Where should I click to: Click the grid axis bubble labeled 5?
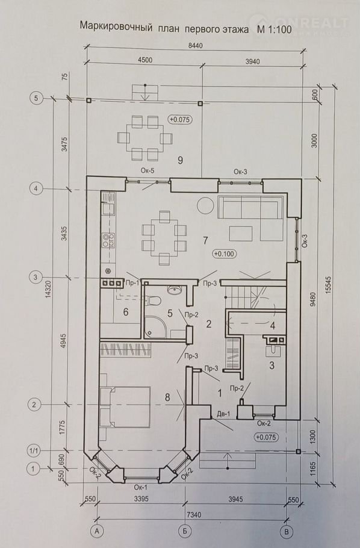click(36, 98)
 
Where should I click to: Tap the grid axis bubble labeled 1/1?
click(34, 451)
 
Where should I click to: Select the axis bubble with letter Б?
click(185, 531)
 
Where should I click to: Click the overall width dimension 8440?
click(195, 45)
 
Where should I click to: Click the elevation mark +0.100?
click(225, 254)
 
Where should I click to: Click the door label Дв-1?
click(223, 415)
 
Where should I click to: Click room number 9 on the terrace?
click(181, 160)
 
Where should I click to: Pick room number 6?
click(126, 312)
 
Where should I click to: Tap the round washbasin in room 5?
click(174, 290)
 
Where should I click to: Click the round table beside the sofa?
click(205, 206)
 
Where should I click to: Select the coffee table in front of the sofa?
click(241, 233)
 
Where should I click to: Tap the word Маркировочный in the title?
click(116, 27)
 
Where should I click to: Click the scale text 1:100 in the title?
click(279, 30)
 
